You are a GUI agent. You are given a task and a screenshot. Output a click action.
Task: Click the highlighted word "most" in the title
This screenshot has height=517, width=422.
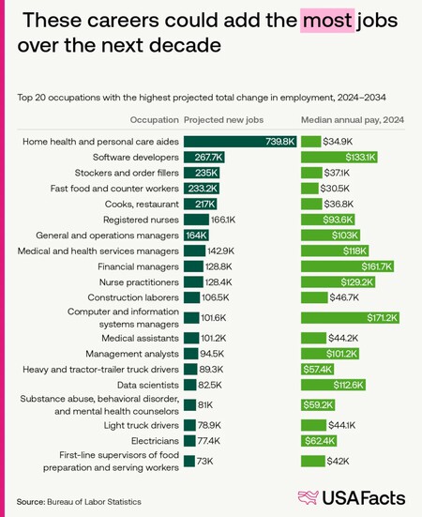pyautogui.click(x=326, y=20)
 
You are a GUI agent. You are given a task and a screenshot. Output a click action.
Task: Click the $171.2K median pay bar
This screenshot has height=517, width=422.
pyautogui.click(x=352, y=318)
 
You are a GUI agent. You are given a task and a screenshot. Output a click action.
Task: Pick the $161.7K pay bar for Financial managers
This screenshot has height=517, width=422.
pyautogui.click(x=348, y=267)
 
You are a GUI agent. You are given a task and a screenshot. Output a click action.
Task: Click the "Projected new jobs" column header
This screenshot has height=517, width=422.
pyautogui.click(x=223, y=120)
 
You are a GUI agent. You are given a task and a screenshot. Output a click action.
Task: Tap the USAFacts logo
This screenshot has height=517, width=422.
pyautogui.click(x=349, y=497)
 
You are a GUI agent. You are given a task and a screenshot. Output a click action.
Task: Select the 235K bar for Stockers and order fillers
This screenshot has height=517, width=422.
pyautogui.click(x=201, y=174)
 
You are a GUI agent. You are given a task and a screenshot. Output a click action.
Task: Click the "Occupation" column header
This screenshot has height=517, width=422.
pyautogui.click(x=155, y=120)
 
